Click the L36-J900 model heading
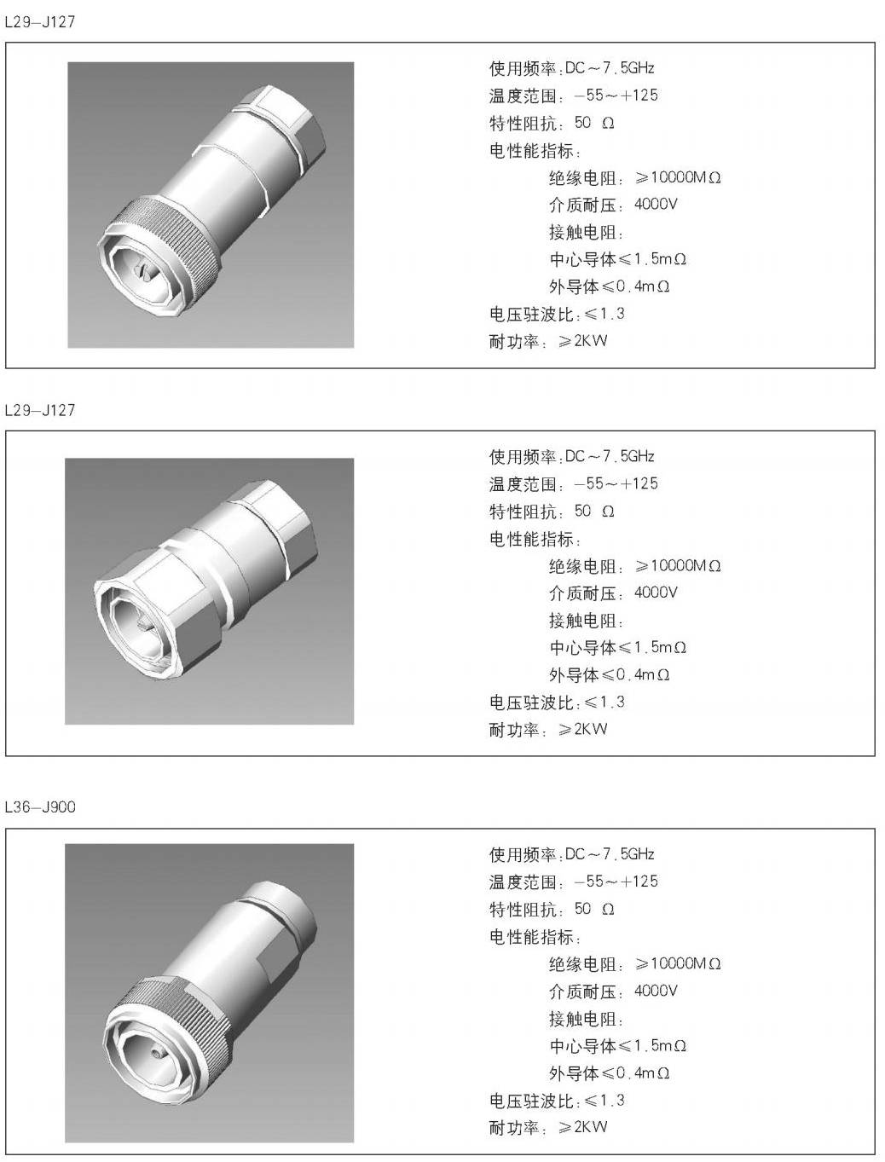pyautogui.click(x=40, y=806)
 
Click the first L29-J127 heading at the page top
pyautogui.click(x=40, y=22)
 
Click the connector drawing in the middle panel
pyautogui.click(x=209, y=591)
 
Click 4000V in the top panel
pyautogui.click(x=656, y=205)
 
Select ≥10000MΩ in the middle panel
pyautogui.click(x=678, y=566)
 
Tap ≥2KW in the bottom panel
pyautogui.click(x=583, y=1127)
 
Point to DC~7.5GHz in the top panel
pyautogui.click(x=610, y=68)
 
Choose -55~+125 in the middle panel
pyautogui.click(x=616, y=484)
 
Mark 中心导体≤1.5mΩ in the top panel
pyautogui.click(x=617, y=259)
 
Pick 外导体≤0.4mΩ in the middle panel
pyautogui.click(x=609, y=675)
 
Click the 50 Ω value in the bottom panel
pyautogui.click(x=594, y=909)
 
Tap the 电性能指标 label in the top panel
pyautogui.click(x=533, y=151)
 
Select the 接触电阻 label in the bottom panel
pyautogui.click(x=585, y=1019)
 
